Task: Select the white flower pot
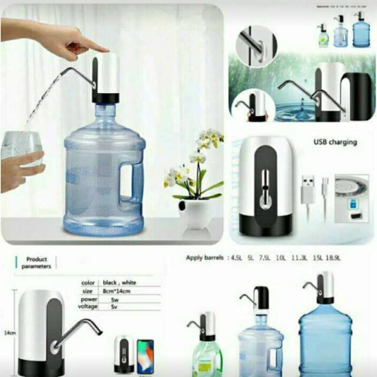pos(195,213)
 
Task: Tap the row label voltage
pos(87,307)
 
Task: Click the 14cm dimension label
pos(9,333)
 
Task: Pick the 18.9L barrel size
pos(333,258)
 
